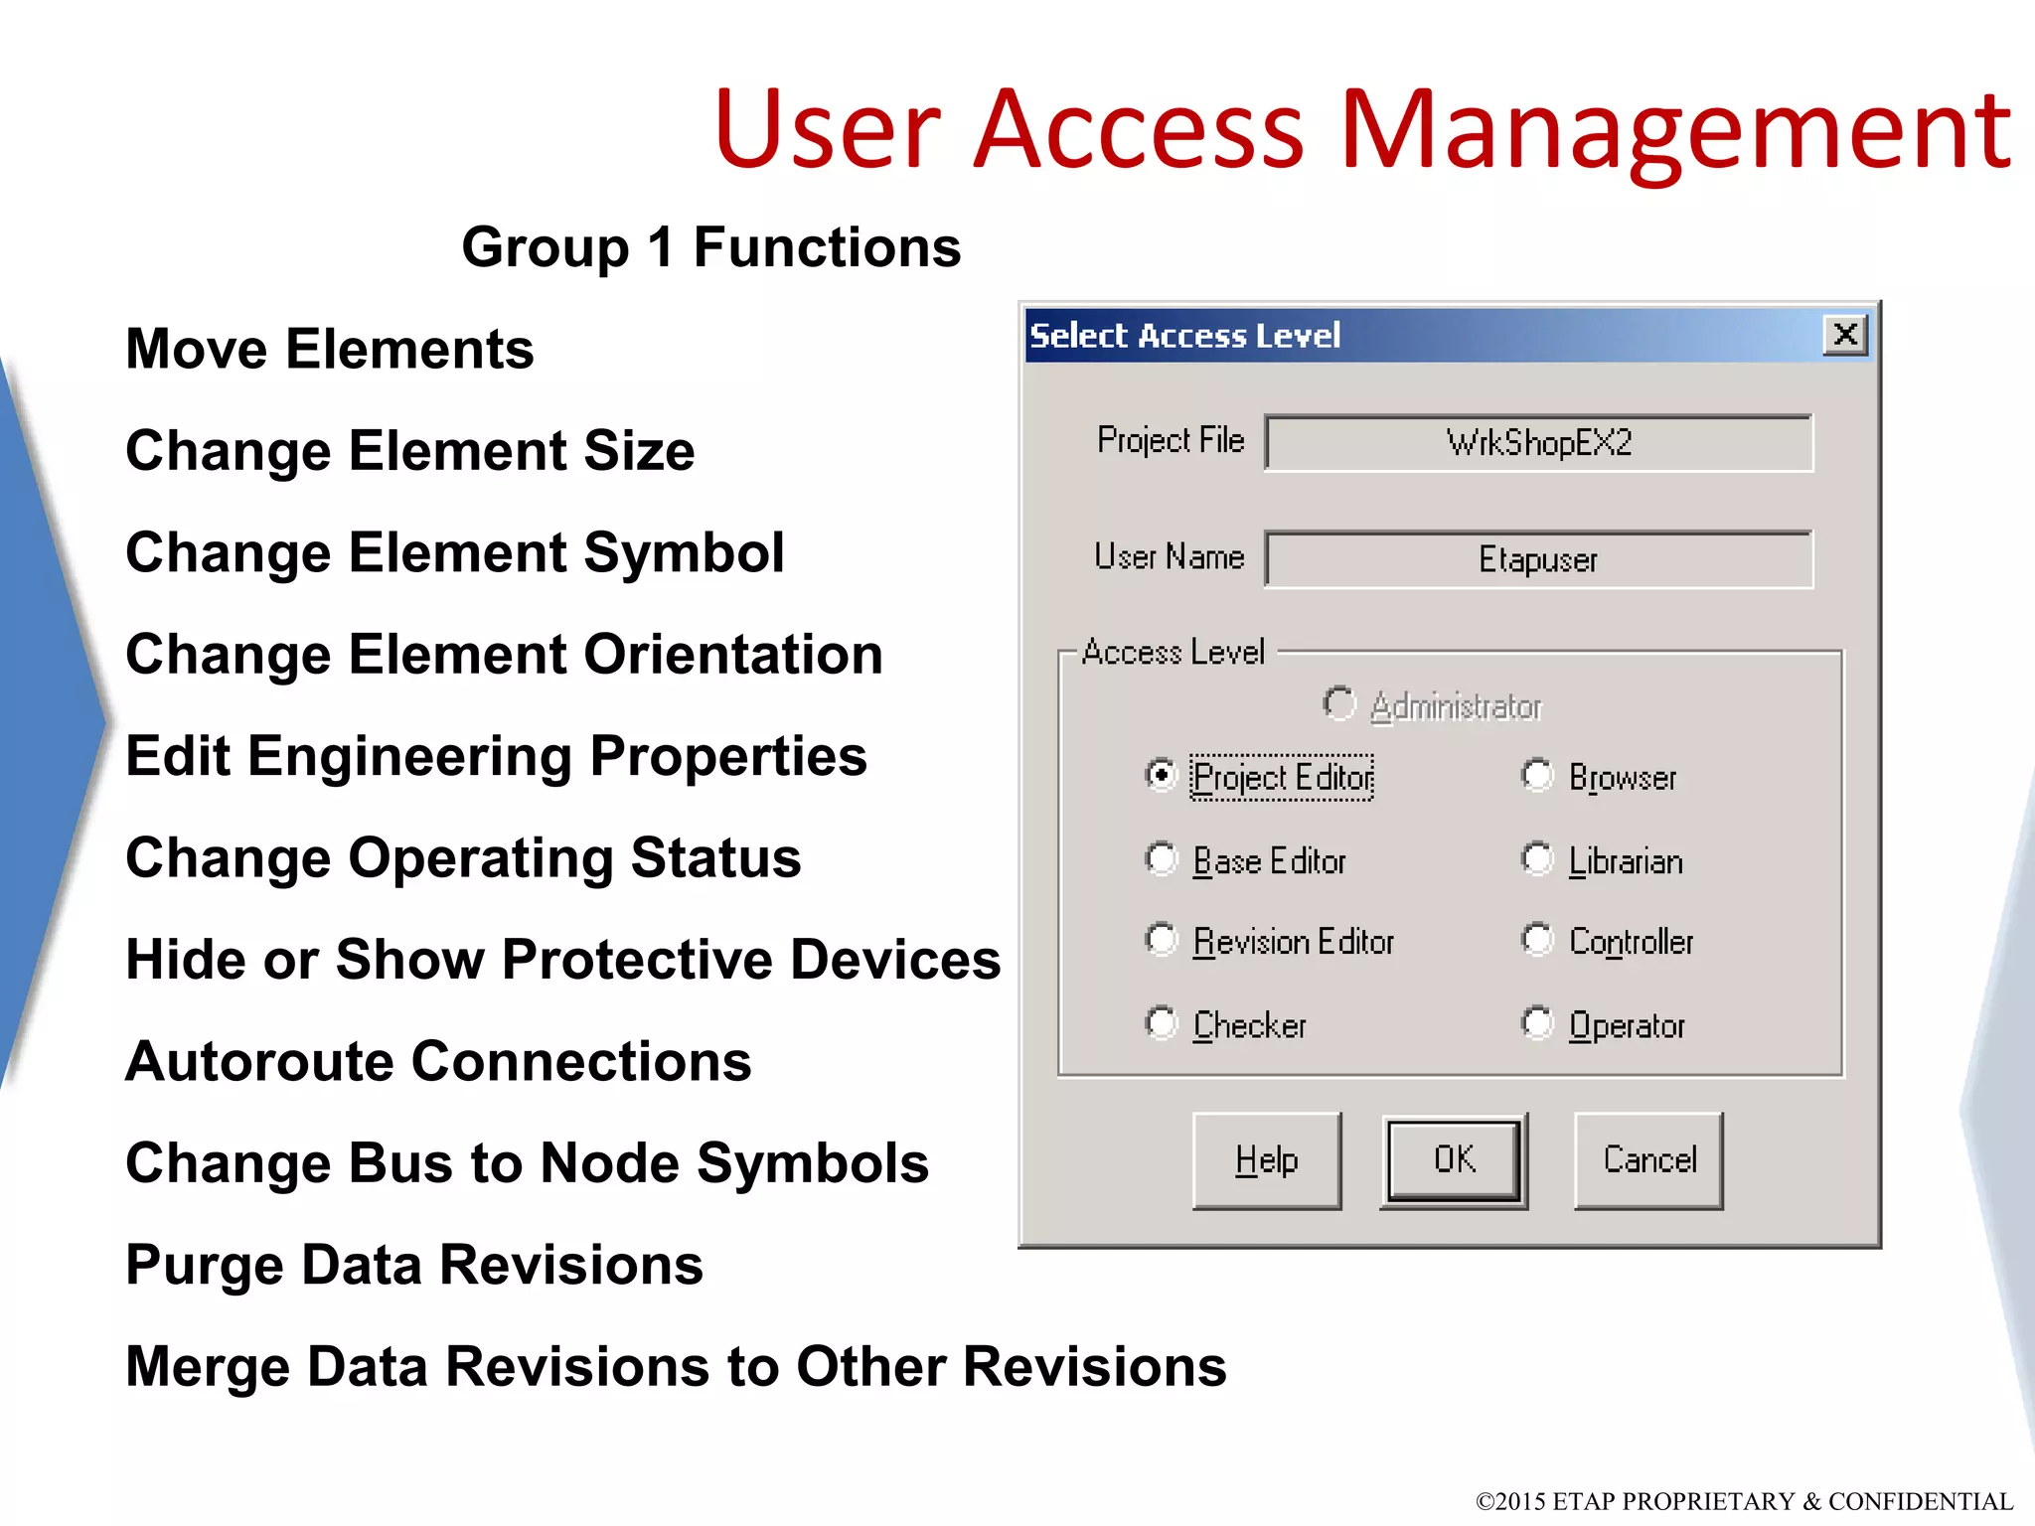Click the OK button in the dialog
(1453, 1160)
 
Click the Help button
(1267, 1160)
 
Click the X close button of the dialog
(1845, 335)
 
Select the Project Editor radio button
(1161, 775)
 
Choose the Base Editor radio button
(1161, 858)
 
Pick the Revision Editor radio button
(1161, 940)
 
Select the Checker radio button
(1161, 1023)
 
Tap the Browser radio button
(1537, 775)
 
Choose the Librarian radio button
(1537, 858)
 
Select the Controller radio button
(1537, 940)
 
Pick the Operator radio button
(1537, 1023)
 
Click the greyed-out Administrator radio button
(1338, 703)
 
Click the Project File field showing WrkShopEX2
(1538, 443)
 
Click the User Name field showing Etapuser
(1538, 559)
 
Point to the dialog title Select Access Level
(1184, 336)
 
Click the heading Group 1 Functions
(711, 247)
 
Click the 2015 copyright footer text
(1744, 1500)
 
